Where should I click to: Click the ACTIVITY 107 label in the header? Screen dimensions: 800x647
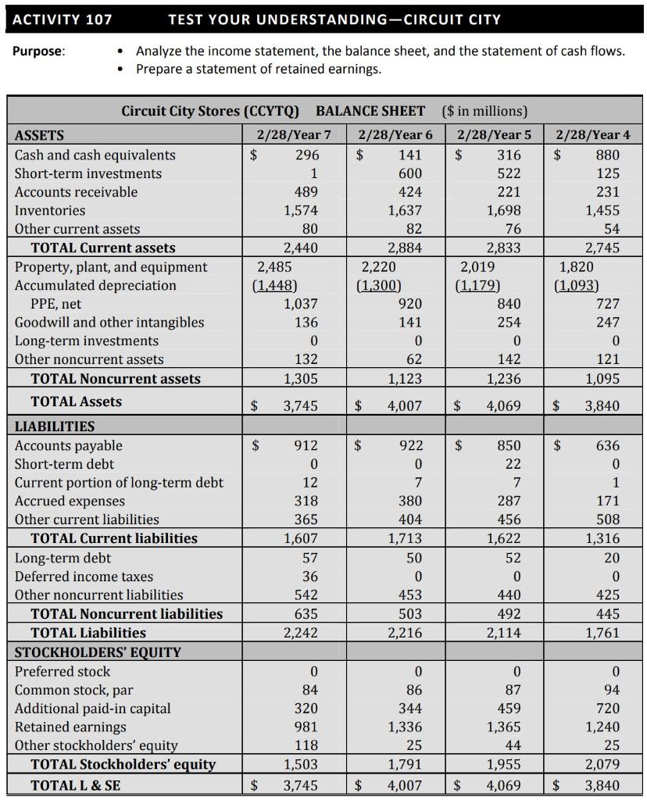click(63, 19)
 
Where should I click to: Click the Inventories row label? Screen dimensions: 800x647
click(50, 210)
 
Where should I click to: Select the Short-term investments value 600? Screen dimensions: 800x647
click(409, 173)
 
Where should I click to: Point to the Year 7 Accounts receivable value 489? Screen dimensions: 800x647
click(305, 191)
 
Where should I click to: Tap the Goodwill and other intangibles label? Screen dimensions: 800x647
click(109, 322)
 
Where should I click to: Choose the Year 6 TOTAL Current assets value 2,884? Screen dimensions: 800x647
click(404, 248)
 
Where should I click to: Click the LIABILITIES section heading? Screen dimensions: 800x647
click(55, 427)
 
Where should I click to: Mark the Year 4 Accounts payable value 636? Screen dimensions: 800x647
click(607, 445)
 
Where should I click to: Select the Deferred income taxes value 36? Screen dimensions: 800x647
click(309, 576)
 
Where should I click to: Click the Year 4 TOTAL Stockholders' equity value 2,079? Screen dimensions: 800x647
click(602, 764)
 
